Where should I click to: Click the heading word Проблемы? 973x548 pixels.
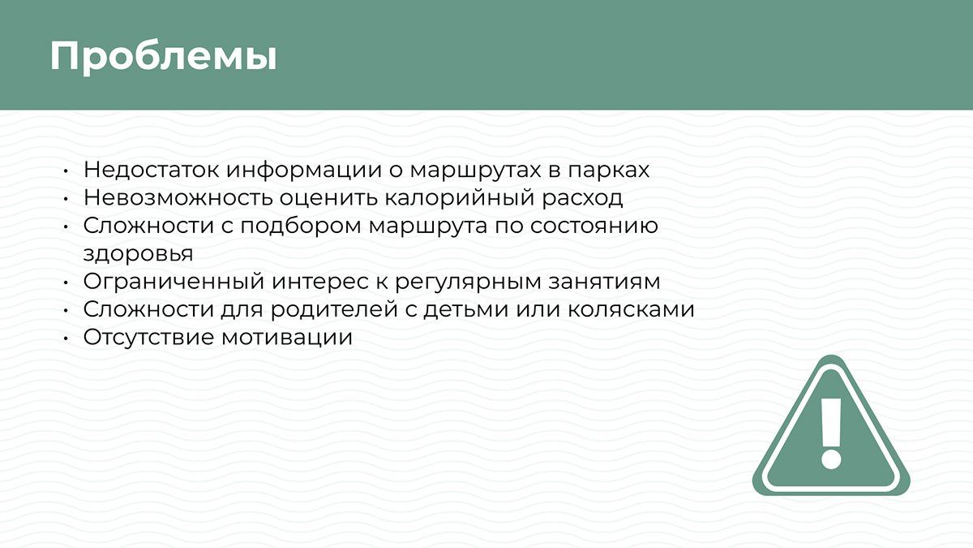[163, 56]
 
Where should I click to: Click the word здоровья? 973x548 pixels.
[138, 253]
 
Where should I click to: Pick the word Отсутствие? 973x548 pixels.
[148, 337]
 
